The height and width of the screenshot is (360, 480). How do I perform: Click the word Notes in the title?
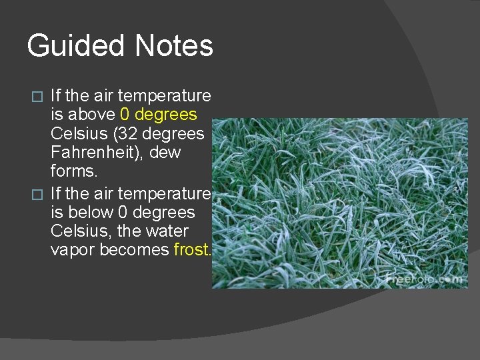(174, 46)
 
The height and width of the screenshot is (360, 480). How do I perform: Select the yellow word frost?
(192, 250)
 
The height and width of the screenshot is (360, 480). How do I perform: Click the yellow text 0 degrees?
(159, 115)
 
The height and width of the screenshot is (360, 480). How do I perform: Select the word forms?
(73, 171)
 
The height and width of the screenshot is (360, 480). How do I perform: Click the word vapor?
(73, 250)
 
